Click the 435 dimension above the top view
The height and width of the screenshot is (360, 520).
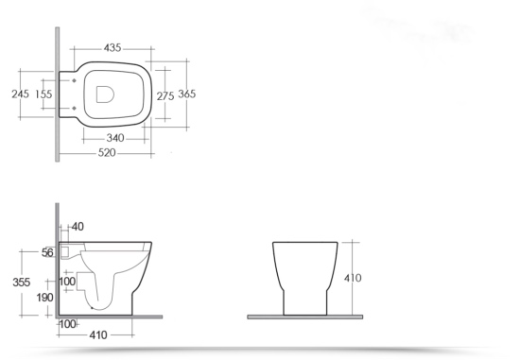(113, 48)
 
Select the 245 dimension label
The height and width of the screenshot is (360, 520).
(20, 94)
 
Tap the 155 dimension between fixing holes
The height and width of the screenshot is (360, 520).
(43, 94)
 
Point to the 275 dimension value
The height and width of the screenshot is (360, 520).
(165, 96)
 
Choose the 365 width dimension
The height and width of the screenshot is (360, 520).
(187, 94)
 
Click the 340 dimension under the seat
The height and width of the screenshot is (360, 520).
(115, 138)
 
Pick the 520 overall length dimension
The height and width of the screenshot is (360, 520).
(107, 153)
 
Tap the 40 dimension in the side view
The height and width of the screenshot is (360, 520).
(78, 227)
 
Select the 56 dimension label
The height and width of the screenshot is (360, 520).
(47, 253)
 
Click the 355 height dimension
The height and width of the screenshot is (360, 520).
(22, 283)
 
